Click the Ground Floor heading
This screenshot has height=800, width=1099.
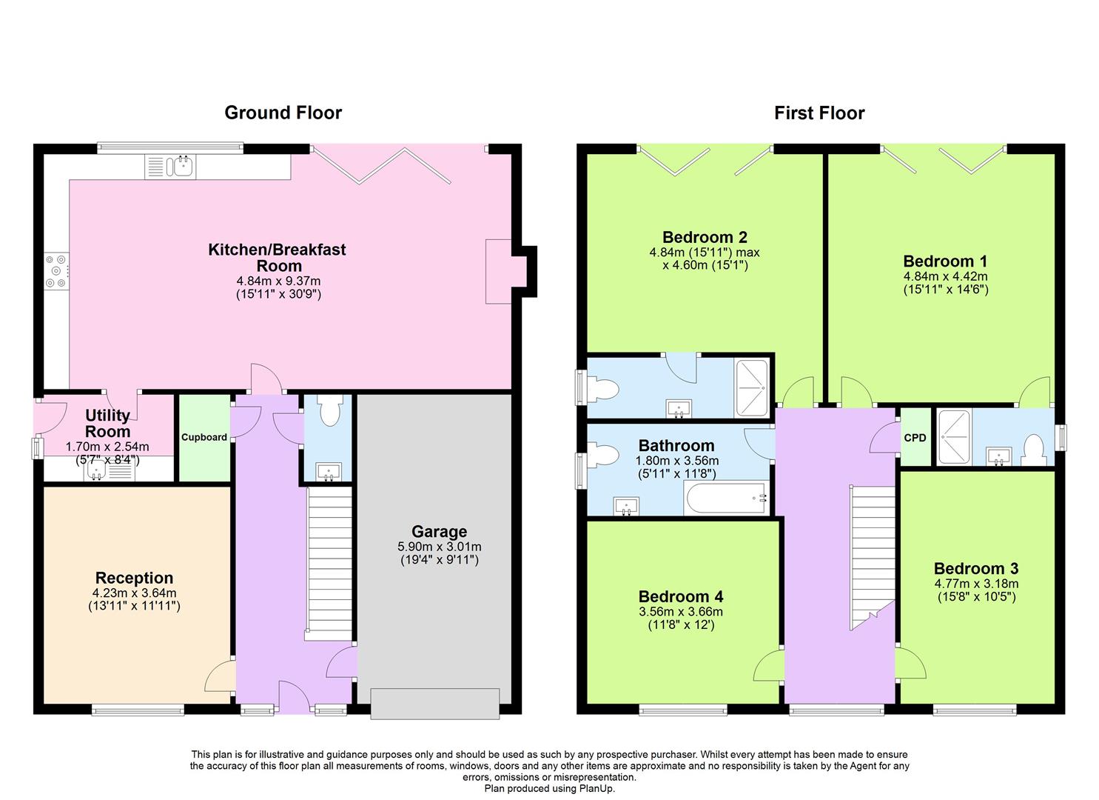click(x=283, y=113)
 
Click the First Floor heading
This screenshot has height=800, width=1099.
click(x=819, y=113)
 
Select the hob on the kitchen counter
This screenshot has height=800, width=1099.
click(x=56, y=271)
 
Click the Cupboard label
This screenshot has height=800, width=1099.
click(x=204, y=437)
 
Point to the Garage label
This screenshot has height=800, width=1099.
click(x=439, y=531)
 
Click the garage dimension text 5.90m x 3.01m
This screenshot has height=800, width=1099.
click(x=439, y=547)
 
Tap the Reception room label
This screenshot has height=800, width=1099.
click(x=134, y=578)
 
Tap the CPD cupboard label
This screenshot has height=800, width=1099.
click(x=915, y=438)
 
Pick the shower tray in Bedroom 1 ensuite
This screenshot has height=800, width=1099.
click(x=954, y=436)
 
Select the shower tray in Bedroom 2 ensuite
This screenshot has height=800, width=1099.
click(x=752, y=388)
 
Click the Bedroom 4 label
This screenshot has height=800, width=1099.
click(x=681, y=596)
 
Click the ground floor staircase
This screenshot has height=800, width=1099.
click(x=329, y=563)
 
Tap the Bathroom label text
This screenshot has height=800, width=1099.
click(x=676, y=445)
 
